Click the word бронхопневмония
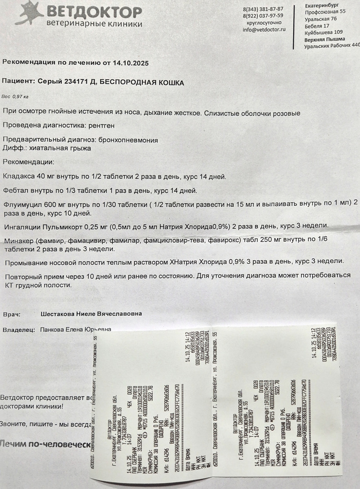point(127,140)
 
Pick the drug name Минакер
point(19,241)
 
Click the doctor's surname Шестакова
point(61,314)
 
